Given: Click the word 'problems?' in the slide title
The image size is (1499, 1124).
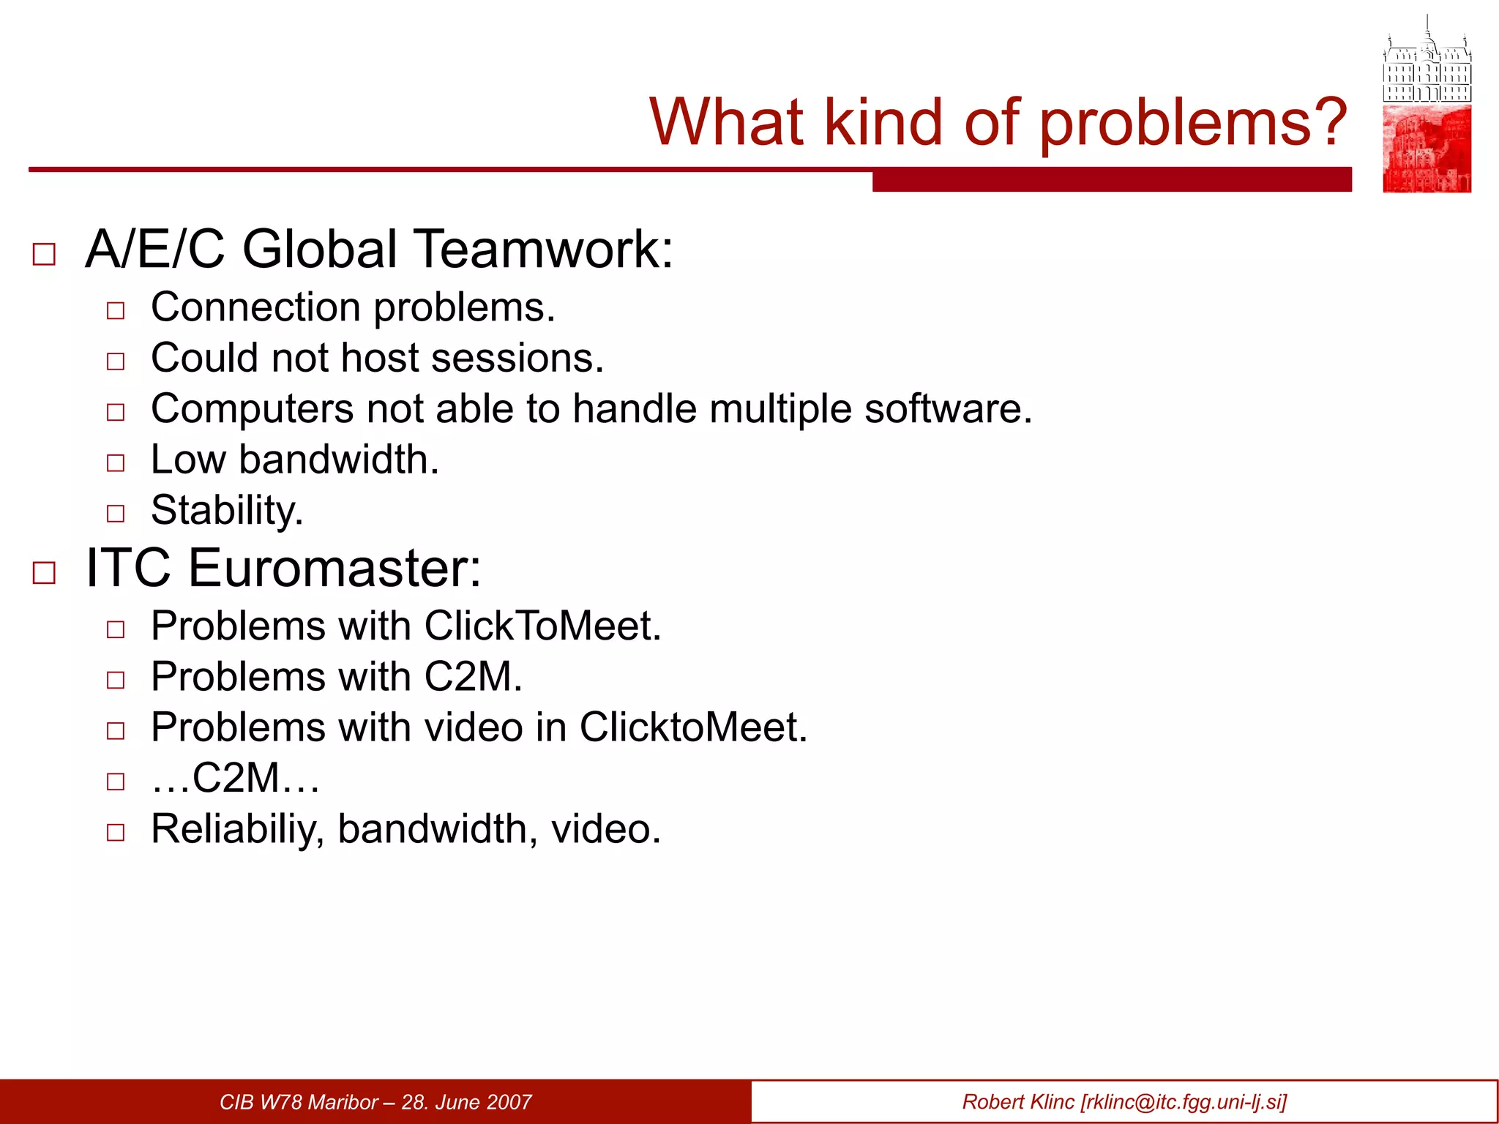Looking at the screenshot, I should pos(1193,123).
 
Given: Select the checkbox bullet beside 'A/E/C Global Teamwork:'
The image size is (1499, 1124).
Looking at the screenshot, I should pos(44,254).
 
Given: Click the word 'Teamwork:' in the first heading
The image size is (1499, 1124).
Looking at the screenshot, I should pos(545,250).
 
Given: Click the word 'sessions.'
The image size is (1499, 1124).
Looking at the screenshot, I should pos(517,358).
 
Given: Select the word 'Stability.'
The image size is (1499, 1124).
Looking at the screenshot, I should pos(227,510).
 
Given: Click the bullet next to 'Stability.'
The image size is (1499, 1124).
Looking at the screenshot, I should pos(116,513).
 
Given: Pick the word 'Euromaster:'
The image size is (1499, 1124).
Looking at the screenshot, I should pos(334,568).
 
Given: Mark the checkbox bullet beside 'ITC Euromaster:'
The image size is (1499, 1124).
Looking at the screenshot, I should pos(44,573).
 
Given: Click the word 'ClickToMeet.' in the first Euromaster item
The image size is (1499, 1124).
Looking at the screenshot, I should pos(542,626).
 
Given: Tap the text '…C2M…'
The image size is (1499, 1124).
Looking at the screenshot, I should pos(235,778).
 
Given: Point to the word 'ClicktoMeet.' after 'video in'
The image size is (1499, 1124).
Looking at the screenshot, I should pos(693,727).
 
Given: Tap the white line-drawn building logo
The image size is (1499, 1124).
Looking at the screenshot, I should pos(1427,62).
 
